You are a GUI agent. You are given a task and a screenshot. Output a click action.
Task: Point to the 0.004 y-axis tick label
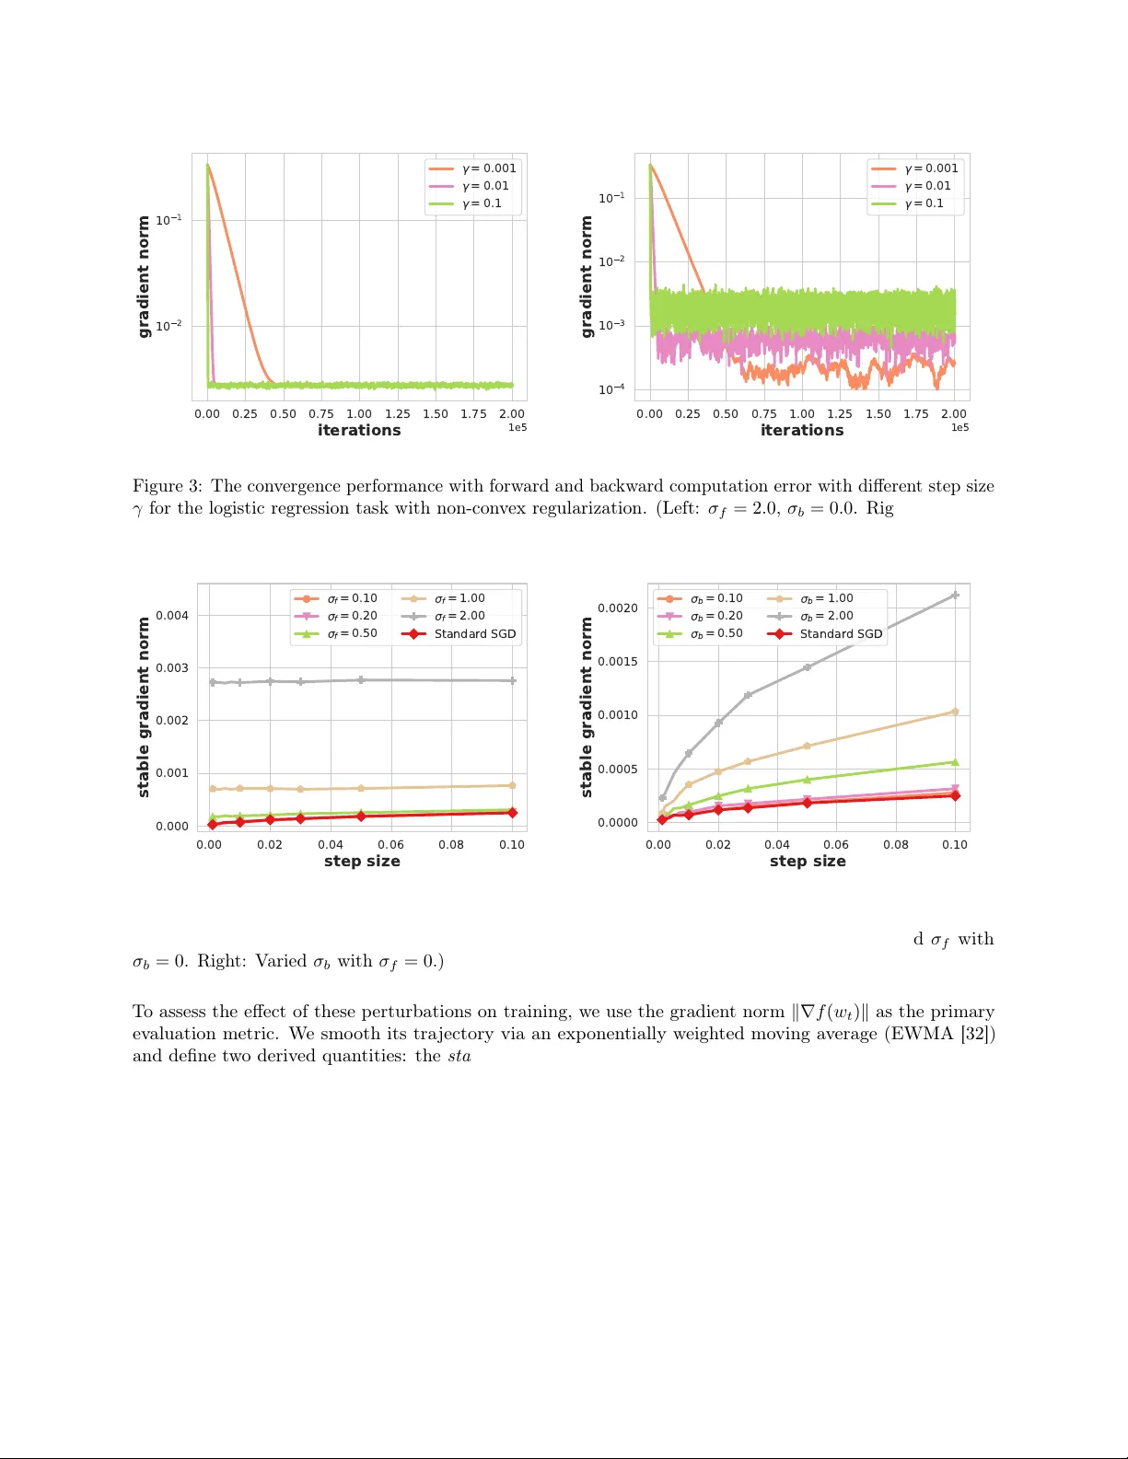click(172, 616)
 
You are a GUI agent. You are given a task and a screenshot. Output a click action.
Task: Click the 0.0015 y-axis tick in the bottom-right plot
click(617, 662)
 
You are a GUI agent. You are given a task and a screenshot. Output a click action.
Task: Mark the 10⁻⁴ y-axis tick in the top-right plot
click(611, 389)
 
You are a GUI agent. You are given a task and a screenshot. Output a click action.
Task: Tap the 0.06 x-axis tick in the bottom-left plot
click(390, 845)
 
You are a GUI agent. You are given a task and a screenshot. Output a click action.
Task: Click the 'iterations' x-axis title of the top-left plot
click(359, 430)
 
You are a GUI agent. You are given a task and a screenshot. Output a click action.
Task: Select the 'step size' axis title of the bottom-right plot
click(808, 862)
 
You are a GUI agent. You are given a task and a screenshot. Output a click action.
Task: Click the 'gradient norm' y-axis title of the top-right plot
click(587, 277)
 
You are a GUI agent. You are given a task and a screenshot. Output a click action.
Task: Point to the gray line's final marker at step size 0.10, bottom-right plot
click(955, 596)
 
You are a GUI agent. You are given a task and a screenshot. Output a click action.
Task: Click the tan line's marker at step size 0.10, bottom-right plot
click(955, 712)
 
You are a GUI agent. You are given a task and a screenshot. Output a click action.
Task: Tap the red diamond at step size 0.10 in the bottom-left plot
click(512, 813)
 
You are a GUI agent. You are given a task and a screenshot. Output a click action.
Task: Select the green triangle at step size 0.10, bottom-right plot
click(955, 762)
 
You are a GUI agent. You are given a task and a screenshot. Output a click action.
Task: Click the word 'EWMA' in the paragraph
click(922, 1034)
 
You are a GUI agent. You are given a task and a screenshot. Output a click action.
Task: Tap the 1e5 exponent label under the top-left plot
click(517, 428)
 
